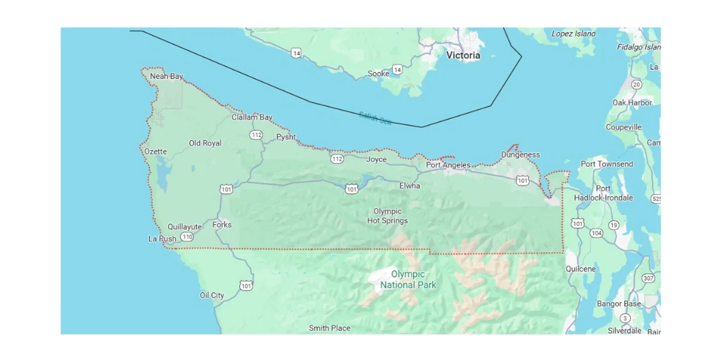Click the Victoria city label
tap(463, 55)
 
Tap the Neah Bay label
tap(166, 76)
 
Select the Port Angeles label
tap(448, 165)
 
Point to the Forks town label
tap(222, 224)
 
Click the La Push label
tap(162, 238)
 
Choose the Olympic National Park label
tap(408, 279)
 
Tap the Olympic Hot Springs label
tap(387, 216)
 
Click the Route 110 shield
tap(187, 237)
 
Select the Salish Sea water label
tap(375, 118)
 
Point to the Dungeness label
tap(520, 155)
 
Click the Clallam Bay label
tap(252, 117)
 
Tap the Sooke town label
tap(379, 74)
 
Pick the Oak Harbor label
tap(632, 102)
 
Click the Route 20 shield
tap(637, 85)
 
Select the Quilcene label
tap(580, 269)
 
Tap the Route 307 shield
tap(648, 279)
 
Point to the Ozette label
tap(155, 152)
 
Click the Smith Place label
tap(329, 328)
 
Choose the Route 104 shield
tap(596, 233)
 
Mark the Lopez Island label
tap(573, 34)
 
